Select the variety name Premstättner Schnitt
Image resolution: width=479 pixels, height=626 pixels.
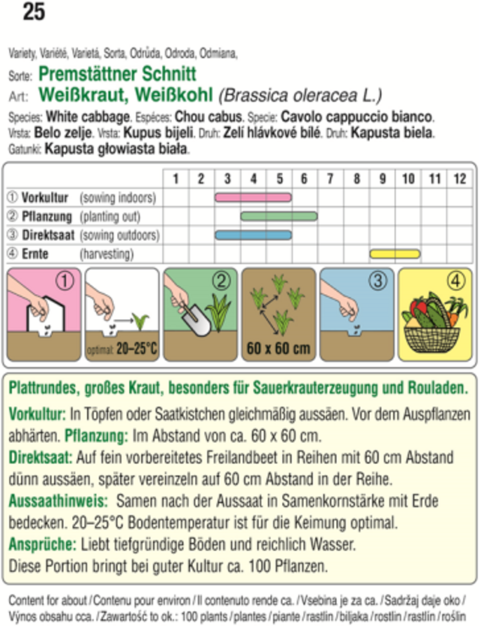117,74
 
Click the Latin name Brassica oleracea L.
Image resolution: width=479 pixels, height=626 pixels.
300,96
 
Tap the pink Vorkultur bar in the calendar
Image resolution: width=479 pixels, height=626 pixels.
253,197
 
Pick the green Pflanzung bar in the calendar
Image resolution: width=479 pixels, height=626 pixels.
279,216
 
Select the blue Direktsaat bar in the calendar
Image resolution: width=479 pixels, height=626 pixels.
253,235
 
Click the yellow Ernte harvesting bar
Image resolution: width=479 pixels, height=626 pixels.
395,254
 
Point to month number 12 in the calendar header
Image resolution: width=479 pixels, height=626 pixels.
459,178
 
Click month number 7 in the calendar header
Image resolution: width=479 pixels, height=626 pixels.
330,178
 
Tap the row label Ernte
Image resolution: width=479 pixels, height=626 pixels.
35,254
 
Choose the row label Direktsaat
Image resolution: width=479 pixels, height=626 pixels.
48,235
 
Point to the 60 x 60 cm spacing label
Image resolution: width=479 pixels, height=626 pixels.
278,348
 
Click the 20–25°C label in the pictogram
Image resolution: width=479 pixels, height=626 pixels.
137,349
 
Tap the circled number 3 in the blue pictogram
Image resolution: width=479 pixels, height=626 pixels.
377,280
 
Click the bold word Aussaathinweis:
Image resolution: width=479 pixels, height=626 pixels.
58,501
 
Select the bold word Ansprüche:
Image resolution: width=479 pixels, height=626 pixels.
42,544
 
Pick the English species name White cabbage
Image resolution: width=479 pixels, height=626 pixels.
88,117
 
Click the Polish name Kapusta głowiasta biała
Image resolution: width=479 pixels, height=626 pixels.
116,149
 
